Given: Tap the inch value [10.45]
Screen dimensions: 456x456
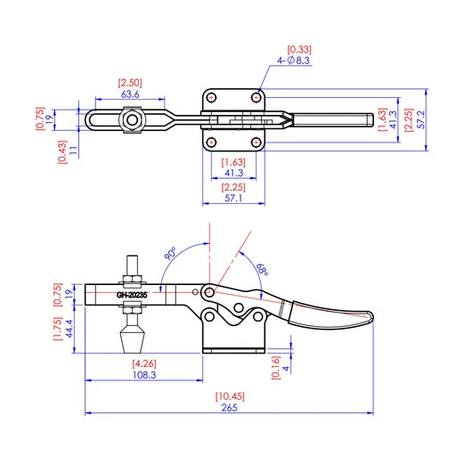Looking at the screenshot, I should coord(229,396).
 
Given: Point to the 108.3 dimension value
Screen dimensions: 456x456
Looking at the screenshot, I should coord(143,376).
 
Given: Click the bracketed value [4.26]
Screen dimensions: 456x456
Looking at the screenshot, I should coord(143,363).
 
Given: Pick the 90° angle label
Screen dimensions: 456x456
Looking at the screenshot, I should coord(169,254).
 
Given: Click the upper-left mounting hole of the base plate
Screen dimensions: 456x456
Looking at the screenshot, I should coord(214,97).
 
